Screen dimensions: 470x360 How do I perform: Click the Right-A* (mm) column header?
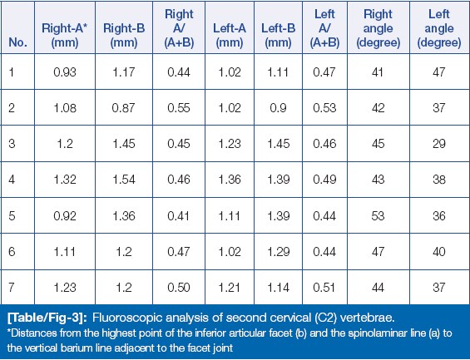(x=64, y=36)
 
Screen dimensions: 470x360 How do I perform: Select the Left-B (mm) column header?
(x=278, y=36)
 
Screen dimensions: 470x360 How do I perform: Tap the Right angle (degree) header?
(x=378, y=28)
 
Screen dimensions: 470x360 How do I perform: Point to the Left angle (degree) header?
(x=439, y=28)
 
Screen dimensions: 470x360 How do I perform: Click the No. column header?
(x=18, y=42)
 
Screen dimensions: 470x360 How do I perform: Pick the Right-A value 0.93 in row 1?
(x=65, y=72)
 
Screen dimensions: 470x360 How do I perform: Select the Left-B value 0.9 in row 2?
(x=278, y=108)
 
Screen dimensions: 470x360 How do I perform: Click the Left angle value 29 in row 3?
(x=439, y=144)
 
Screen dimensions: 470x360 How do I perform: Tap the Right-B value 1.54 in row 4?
(x=124, y=180)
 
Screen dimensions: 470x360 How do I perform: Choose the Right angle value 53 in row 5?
(x=378, y=215)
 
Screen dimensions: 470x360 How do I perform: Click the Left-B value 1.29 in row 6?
(x=278, y=251)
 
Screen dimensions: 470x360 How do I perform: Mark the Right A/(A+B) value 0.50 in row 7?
(x=179, y=287)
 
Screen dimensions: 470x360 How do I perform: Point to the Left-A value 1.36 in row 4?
(x=230, y=180)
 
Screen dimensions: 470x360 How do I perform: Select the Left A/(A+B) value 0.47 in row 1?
(x=324, y=72)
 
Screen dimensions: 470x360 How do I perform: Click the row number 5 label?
(x=12, y=215)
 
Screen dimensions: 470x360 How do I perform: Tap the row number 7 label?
(x=12, y=287)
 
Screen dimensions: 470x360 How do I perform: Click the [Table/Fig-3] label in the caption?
(x=47, y=318)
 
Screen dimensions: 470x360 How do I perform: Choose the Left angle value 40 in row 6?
(x=439, y=251)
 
